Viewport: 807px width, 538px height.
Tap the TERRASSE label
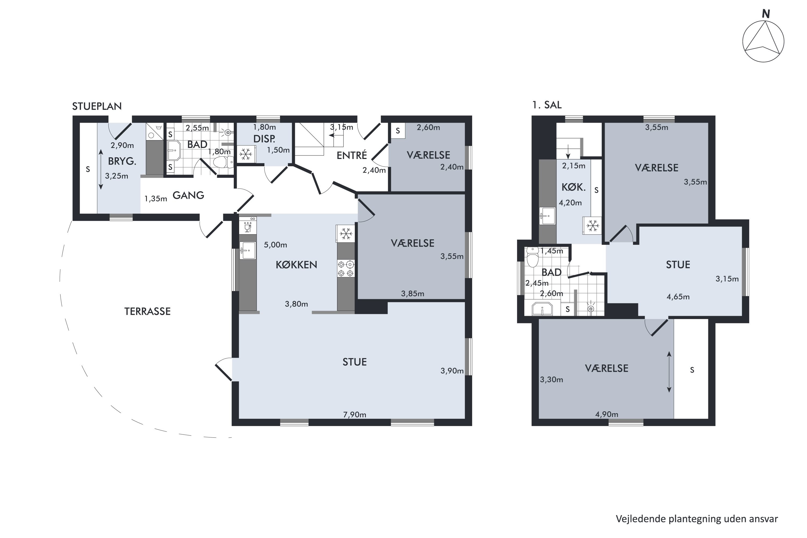point(147,311)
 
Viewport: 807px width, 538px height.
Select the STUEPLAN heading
point(97,106)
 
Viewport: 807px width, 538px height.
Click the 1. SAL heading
point(547,105)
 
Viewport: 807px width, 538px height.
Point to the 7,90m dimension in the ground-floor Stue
point(355,415)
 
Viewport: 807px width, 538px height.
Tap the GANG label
point(188,195)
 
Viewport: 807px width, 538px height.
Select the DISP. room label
point(264,139)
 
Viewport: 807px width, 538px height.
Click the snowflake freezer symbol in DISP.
point(246,154)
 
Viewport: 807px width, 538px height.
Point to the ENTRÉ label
point(352,155)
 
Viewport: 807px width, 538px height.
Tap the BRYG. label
point(122,161)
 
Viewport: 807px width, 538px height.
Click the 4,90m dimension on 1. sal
point(607,414)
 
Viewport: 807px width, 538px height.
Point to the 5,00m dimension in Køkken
point(275,245)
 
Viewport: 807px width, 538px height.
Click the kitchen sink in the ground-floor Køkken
point(247,250)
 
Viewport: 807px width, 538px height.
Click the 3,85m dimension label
point(412,293)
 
